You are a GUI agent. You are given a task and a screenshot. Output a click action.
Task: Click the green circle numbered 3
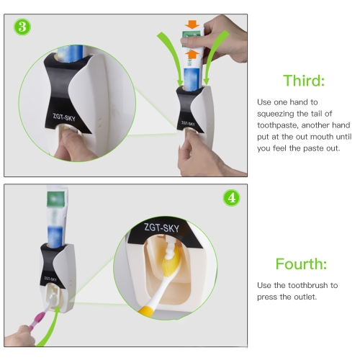point(22,27)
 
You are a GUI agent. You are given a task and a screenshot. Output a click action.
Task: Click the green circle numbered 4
point(231,198)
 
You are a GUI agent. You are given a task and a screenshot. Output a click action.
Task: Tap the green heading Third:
point(304,81)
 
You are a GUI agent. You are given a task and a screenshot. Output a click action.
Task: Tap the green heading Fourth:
point(301,264)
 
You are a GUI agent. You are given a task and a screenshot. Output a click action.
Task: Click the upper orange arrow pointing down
point(192,24)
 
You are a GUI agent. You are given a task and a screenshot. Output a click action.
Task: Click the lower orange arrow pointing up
point(192,54)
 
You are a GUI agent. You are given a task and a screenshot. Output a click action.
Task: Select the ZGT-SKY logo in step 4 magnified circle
point(161,228)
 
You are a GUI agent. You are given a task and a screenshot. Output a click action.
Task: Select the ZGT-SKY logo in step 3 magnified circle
point(64,117)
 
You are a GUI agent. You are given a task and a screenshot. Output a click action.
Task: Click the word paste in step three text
point(313,148)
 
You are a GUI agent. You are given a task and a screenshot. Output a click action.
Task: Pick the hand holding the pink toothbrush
point(19,336)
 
